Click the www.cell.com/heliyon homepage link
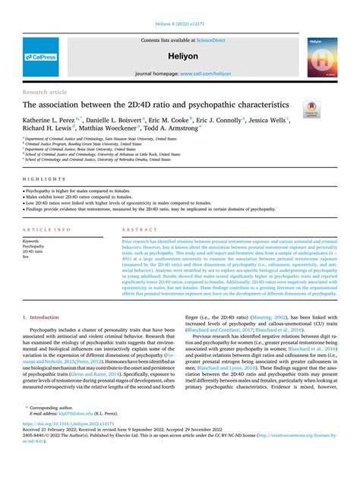tap(201, 74)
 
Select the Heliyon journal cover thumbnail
tap(322, 56)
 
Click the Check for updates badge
tap(311, 110)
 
